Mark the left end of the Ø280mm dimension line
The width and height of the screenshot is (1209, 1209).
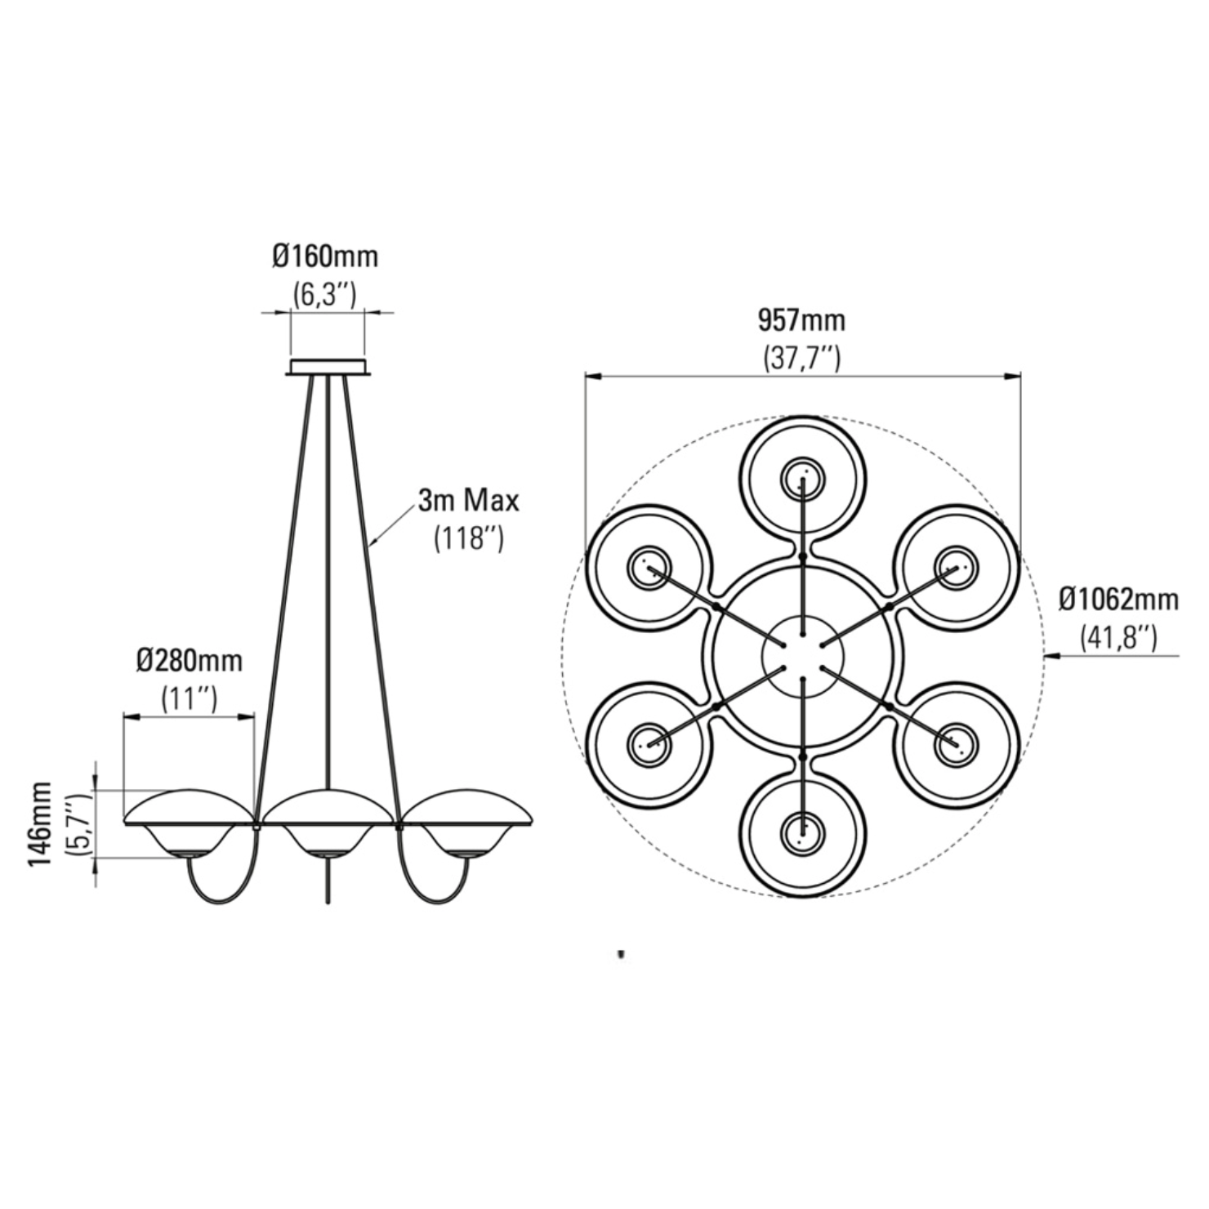(x=123, y=717)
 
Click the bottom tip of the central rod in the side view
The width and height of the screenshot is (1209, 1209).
(x=328, y=902)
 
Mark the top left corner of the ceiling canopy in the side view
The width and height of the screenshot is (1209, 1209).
(x=291, y=359)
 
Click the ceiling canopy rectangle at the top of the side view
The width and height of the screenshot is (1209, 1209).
(x=328, y=367)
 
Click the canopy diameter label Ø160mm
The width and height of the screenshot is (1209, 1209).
(x=326, y=257)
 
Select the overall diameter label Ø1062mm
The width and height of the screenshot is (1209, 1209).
(x=1119, y=600)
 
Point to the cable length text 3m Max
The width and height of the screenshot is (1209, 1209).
(x=468, y=501)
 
